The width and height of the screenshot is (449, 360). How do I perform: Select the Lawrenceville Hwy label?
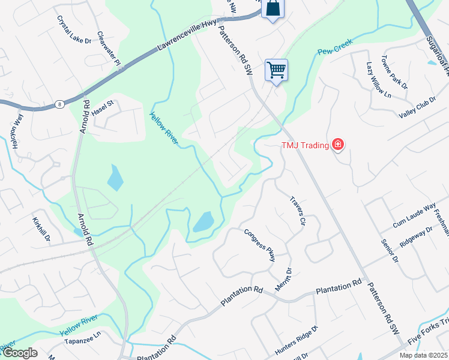click(x=187, y=37)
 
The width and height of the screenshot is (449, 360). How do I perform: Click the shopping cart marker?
click(x=276, y=70)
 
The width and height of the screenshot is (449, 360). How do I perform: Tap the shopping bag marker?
click(x=273, y=8)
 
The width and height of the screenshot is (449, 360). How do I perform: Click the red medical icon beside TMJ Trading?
click(x=339, y=145)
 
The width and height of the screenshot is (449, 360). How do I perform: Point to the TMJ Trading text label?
click(x=305, y=145)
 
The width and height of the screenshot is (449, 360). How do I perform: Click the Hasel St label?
click(x=102, y=105)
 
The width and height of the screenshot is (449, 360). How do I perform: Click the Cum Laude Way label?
click(x=405, y=215)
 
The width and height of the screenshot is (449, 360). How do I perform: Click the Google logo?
click(x=20, y=353)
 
